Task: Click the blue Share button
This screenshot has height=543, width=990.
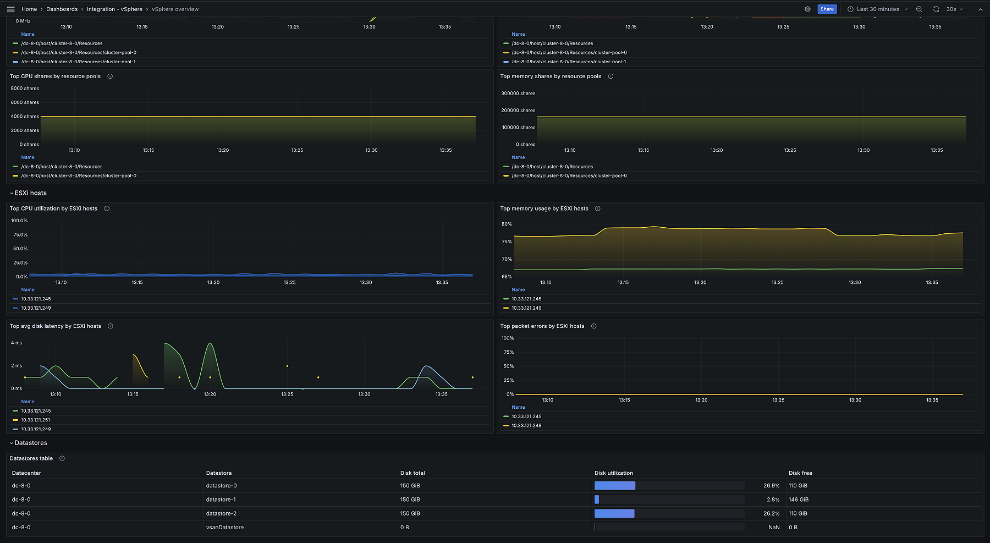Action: click(x=827, y=9)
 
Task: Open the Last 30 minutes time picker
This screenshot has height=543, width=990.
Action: click(x=877, y=9)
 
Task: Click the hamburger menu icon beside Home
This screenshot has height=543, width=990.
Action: click(x=10, y=9)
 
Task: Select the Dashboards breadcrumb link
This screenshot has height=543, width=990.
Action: click(x=62, y=9)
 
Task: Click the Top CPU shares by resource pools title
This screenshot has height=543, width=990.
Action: click(x=55, y=76)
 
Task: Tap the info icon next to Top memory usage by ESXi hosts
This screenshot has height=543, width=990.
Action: click(x=598, y=209)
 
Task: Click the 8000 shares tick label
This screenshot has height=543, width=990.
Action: click(x=25, y=89)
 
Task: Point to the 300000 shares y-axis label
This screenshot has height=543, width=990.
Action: click(x=518, y=94)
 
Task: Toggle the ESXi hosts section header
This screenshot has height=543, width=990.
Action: click(x=30, y=193)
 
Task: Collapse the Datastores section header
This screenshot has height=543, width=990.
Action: click(x=30, y=443)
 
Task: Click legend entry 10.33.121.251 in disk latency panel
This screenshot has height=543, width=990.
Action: click(x=36, y=420)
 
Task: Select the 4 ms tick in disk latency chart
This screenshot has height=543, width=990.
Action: click(x=16, y=343)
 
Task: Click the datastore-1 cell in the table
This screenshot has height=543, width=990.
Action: click(x=221, y=500)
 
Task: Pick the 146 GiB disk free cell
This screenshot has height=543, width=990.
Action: click(x=799, y=500)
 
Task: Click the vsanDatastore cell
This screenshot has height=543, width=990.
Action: click(x=224, y=528)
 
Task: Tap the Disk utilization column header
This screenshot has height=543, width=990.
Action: click(x=614, y=473)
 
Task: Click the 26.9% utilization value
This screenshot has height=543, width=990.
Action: click(x=771, y=486)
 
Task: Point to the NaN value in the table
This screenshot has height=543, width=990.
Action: click(x=774, y=528)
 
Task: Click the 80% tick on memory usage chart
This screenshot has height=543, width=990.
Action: click(x=507, y=224)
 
